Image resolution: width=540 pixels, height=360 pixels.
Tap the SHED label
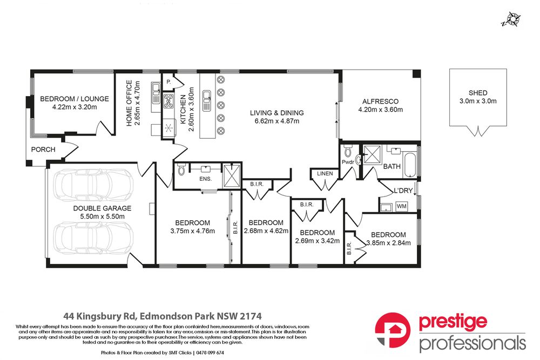(478, 93)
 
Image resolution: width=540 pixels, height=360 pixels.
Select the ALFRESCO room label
(380, 101)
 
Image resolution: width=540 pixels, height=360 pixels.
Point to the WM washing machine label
(402, 206)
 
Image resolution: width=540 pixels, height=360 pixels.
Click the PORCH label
(43, 150)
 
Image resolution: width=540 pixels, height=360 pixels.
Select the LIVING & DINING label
(276, 113)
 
